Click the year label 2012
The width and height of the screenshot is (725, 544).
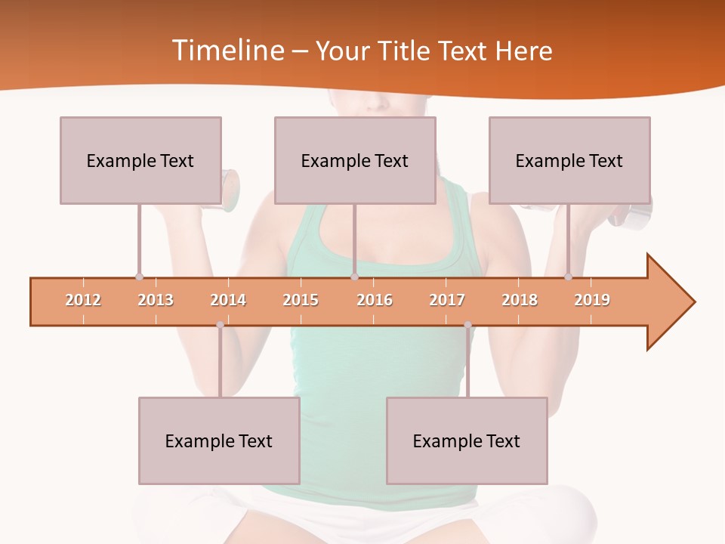[x=83, y=300]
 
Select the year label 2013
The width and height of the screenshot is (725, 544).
[x=156, y=300]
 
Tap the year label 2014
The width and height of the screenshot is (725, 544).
[x=228, y=300]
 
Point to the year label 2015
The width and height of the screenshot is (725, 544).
[x=301, y=300]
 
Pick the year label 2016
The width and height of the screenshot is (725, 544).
[x=375, y=300]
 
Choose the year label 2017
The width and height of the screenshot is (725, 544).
[x=447, y=300]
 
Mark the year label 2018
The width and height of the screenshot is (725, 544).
[x=520, y=300]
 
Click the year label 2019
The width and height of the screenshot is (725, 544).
[x=592, y=300]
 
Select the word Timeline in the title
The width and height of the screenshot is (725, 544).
[x=226, y=51]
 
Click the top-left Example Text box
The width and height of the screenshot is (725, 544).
[x=140, y=160]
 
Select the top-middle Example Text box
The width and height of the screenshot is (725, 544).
[x=355, y=160]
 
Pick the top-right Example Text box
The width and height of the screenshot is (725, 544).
[x=569, y=160]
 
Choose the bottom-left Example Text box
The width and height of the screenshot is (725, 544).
[x=219, y=440]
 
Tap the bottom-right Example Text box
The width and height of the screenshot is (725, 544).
[x=467, y=440]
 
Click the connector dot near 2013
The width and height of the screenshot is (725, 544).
[x=139, y=277]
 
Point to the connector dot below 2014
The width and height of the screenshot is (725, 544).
[x=220, y=325]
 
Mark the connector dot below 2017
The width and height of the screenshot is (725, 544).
[x=467, y=325]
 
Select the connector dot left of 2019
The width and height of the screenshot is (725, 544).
[x=568, y=277]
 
